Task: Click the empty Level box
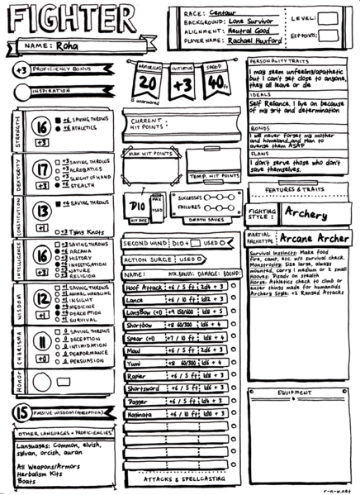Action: (x=333, y=17)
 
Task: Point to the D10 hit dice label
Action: (x=138, y=203)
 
